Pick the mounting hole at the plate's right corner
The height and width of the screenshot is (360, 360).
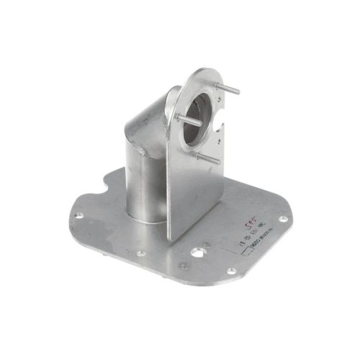[283, 218]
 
